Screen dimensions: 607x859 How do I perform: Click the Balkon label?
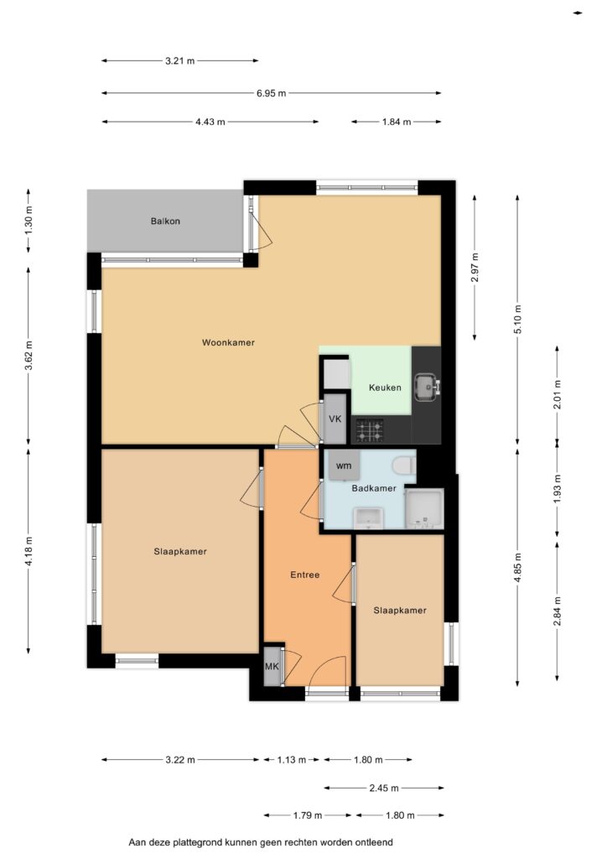(165, 221)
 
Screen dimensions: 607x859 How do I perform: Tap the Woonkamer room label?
(228, 342)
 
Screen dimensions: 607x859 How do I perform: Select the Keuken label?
(385, 388)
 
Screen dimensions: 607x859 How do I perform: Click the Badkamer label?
(374, 488)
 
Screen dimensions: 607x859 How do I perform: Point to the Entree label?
(305, 575)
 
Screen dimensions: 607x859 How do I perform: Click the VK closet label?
(335, 419)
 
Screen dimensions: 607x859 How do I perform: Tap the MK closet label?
(272, 667)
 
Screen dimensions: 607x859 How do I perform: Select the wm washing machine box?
(344, 465)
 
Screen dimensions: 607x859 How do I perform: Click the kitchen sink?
(427, 386)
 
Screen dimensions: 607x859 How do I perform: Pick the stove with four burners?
(370, 430)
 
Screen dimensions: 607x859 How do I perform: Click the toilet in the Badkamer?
(404, 466)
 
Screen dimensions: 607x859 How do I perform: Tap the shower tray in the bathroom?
(423, 509)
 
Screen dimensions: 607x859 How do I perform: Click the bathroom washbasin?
(368, 518)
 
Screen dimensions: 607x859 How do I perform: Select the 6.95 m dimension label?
(272, 93)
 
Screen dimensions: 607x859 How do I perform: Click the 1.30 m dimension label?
(29, 221)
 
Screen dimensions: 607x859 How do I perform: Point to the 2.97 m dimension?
(475, 268)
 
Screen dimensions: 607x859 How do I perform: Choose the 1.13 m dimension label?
(292, 760)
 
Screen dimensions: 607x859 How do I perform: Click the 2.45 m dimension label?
(384, 788)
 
